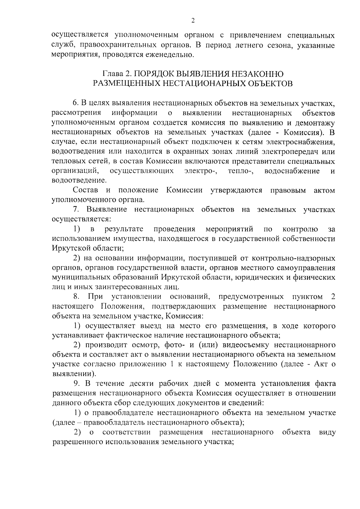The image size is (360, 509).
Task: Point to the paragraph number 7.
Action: (x=75, y=209)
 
